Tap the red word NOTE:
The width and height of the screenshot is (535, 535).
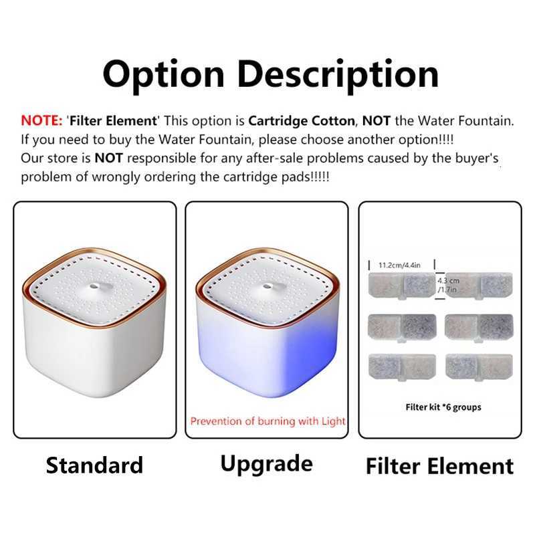[41, 121]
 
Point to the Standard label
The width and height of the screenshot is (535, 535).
[94, 465]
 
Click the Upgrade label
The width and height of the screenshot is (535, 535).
[266, 463]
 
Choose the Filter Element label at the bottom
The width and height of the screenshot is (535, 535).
[439, 466]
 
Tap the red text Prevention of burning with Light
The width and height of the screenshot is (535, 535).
[267, 421]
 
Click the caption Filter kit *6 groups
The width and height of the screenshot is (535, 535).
[443, 407]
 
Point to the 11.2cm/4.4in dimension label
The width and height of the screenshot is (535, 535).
[399, 264]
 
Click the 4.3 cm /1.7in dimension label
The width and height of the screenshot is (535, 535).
[447, 286]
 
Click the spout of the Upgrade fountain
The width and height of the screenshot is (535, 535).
[267, 286]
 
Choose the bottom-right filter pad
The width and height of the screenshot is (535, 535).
[477, 366]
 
